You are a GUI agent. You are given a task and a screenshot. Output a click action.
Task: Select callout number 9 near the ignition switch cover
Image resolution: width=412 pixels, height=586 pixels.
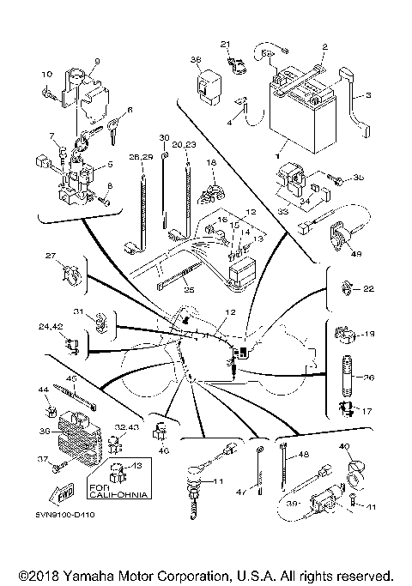(97, 61)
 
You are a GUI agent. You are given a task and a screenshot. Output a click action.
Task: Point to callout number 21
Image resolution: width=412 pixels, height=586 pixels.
(225, 44)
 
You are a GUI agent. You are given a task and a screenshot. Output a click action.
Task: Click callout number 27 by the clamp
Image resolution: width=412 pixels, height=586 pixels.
(50, 256)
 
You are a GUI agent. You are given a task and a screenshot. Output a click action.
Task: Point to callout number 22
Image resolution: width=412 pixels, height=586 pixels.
(368, 289)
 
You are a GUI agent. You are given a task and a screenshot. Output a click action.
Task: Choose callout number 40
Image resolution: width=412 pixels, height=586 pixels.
(345, 446)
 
